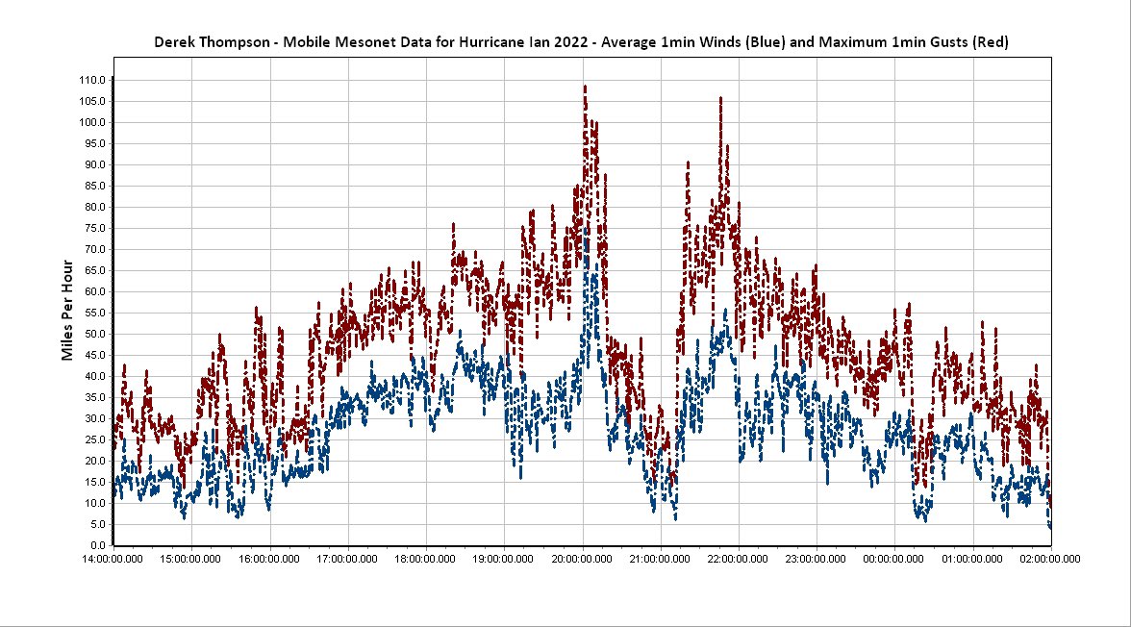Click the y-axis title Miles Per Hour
tap(67, 310)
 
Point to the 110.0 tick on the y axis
tap(92, 80)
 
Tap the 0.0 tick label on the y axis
tap(98, 545)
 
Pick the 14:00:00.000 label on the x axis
tap(113, 558)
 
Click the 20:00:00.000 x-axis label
tap(582, 558)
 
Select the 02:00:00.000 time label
tap(1050, 558)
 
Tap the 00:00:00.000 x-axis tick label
tap(894, 558)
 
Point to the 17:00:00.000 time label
tap(347, 558)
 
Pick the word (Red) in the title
tap(990, 42)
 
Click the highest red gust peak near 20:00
tap(585, 88)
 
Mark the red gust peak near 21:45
tap(719, 98)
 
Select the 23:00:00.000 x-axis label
tap(817, 558)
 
